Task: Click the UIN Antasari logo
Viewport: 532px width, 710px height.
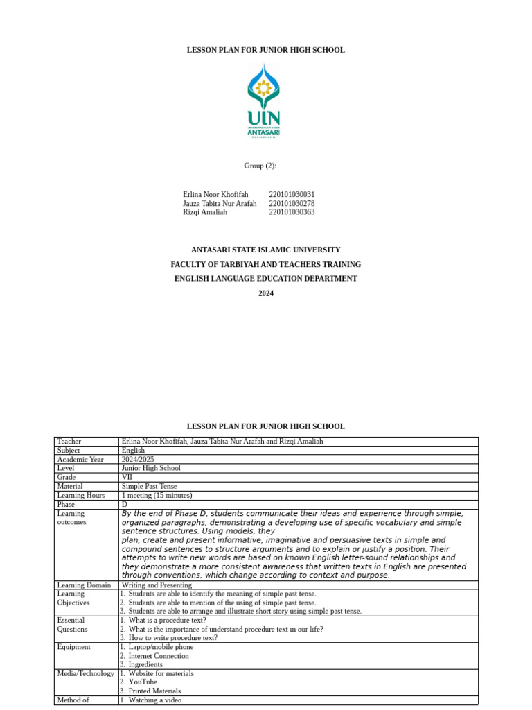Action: [x=264, y=101]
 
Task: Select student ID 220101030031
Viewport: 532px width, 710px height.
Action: [x=292, y=195]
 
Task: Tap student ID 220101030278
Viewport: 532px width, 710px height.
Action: [x=292, y=204]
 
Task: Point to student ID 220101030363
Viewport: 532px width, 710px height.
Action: [x=292, y=212]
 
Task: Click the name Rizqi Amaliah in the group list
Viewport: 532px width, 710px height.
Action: [x=205, y=212]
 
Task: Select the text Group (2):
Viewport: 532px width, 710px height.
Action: [x=260, y=166]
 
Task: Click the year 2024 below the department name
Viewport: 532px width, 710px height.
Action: [x=266, y=293]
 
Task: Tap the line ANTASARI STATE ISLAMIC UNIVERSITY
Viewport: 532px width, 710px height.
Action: [x=266, y=250]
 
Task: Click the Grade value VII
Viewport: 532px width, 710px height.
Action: [x=127, y=477]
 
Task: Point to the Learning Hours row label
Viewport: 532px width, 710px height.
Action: [x=81, y=495]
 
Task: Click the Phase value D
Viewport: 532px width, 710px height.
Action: [x=125, y=504]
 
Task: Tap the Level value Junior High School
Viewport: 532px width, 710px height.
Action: [x=151, y=468]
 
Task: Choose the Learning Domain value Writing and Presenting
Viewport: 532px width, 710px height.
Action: [x=157, y=585]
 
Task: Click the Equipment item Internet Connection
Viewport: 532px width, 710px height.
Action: [x=159, y=656]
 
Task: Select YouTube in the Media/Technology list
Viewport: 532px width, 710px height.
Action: [x=143, y=682]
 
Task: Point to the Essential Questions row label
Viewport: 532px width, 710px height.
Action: [x=72, y=625]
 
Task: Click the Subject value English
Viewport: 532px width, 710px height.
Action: [x=133, y=451]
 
